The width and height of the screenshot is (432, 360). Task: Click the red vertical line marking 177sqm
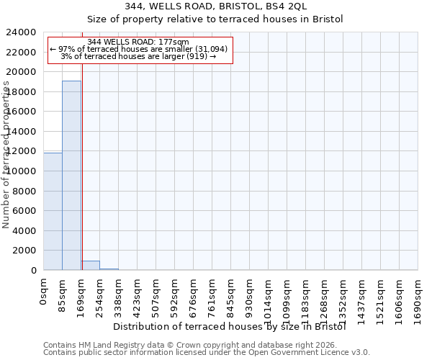(x=82, y=158)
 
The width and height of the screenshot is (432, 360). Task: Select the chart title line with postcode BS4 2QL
(x=217, y=6)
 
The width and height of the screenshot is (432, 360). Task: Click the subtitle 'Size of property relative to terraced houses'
(x=217, y=19)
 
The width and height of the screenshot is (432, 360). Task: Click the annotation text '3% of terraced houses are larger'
(x=138, y=56)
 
